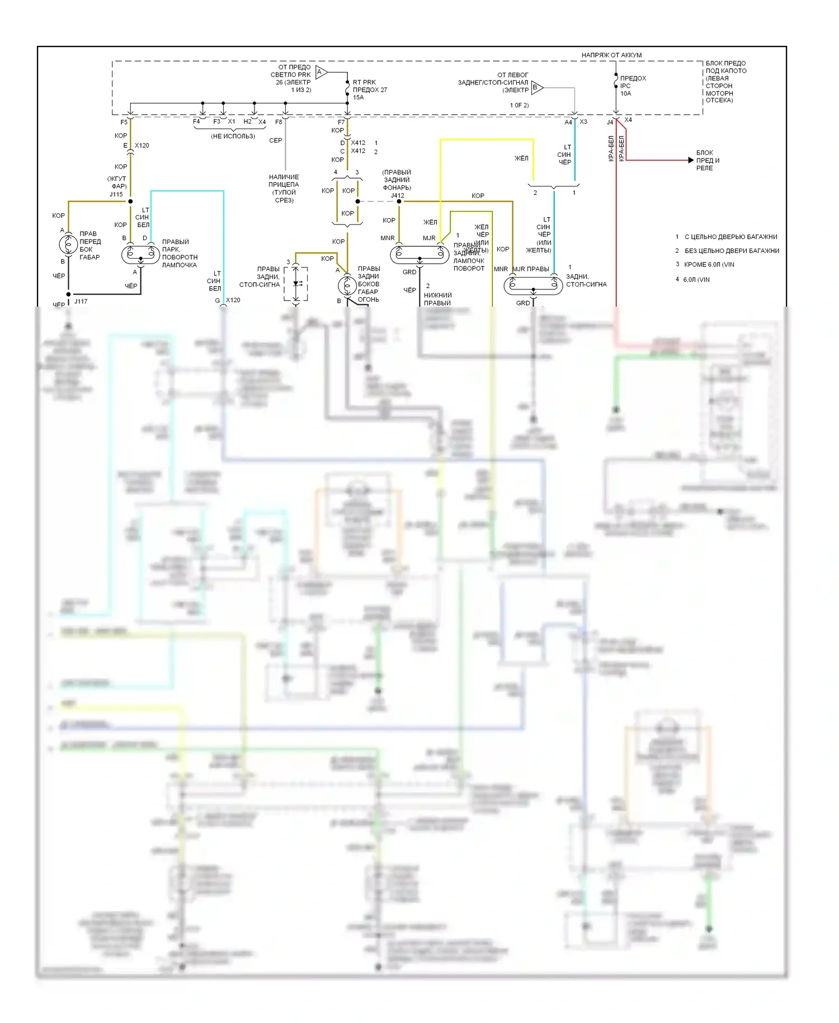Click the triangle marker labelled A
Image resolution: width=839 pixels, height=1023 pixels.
[320, 72]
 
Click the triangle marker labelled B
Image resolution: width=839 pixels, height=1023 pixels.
[536, 87]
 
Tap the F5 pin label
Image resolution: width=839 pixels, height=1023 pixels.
[124, 122]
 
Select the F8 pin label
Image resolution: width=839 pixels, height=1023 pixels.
[279, 122]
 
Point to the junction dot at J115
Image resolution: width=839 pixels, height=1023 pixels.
[130, 201]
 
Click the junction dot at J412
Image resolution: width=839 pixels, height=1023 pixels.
[399, 201]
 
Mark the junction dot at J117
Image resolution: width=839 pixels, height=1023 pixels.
[69, 294]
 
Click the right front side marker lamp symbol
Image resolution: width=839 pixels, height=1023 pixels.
[68, 245]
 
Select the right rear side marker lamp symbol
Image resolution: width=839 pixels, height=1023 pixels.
[347, 285]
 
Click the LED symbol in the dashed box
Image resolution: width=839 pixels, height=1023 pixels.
[296, 284]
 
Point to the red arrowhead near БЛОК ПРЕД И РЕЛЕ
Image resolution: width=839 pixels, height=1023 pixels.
[691, 160]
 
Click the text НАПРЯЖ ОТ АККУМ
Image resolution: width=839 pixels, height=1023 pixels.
[611, 55]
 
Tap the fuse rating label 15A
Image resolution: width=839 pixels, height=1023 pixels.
[358, 97]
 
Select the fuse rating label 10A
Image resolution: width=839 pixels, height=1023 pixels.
[625, 93]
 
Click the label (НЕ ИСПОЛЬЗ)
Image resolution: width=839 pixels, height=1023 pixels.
[233, 136]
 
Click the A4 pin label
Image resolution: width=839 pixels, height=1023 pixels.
[568, 122]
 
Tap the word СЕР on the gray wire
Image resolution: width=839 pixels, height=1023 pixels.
[275, 140]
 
